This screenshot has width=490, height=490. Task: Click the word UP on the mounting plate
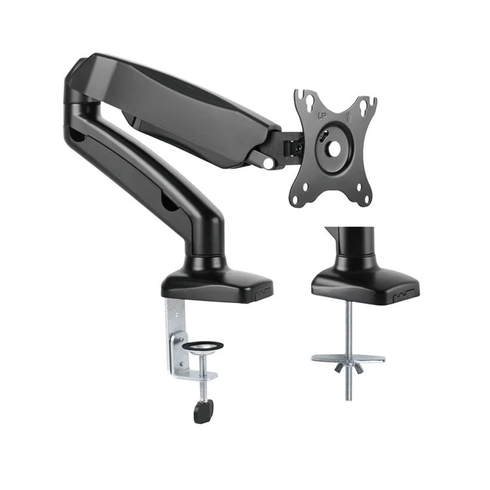pyautogui.click(x=322, y=116)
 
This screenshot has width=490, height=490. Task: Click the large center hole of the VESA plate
pyautogui.click(x=333, y=148)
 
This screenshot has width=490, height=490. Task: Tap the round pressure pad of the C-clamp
pyautogui.click(x=202, y=345)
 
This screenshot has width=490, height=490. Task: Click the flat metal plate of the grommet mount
pyautogui.click(x=348, y=358)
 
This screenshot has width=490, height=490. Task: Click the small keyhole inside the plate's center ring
pyautogui.click(x=322, y=138)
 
